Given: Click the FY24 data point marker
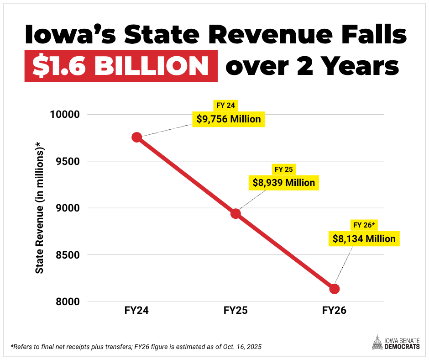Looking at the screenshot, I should pyautogui.click(x=137, y=137).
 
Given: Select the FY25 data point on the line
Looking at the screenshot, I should pyautogui.click(x=235, y=213).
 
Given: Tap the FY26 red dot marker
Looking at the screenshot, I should pyautogui.click(x=335, y=289).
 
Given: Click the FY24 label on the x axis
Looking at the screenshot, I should pyautogui.click(x=137, y=311).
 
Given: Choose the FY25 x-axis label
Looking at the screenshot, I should pyautogui.click(x=235, y=311).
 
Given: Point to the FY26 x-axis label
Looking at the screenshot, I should pyautogui.click(x=335, y=311).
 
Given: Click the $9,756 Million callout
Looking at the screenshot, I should pyautogui.click(x=229, y=119).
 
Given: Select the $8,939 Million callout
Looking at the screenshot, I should pyautogui.click(x=284, y=183).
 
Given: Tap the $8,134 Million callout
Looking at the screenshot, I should pyautogui.click(x=364, y=238).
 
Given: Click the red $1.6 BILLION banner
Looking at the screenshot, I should pyautogui.click(x=121, y=67).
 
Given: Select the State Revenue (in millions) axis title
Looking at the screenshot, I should pyautogui.click(x=40, y=208).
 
